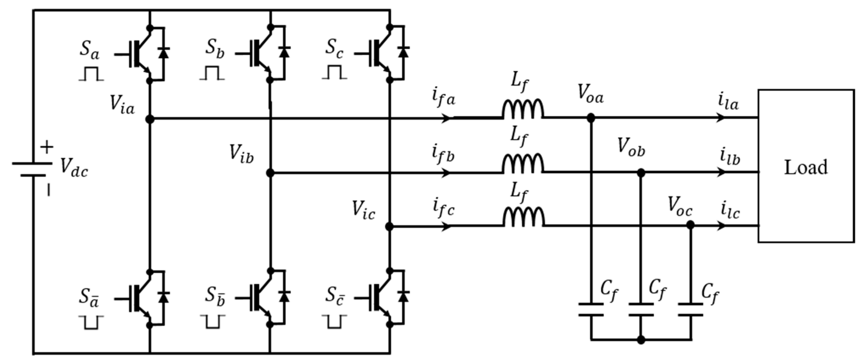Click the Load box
pyautogui.click(x=805, y=166)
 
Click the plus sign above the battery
pyautogui.click(x=47, y=147)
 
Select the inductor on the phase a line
pyautogui.click(x=523, y=109)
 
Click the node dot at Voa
pyautogui.click(x=591, y=118)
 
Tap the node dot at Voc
pyautogui.click(x=690, y=225)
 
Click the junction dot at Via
pyautogui.click(x=150, y=119)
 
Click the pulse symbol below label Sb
pyautogui.click(x=212, y=73)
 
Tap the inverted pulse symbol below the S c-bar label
pyautogui.click(x=334, y=321)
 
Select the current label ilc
pyautogui.click(x=730, y=211)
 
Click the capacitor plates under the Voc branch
pyautogui.click(x=690, y=309)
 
